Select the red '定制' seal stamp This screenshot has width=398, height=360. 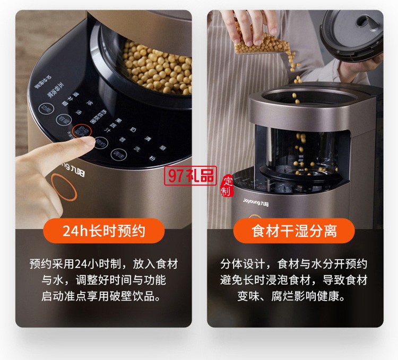(x=227, y=184)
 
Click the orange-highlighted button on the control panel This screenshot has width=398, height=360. (x=81, y=131)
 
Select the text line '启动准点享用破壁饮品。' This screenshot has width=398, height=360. (x=103, y=296)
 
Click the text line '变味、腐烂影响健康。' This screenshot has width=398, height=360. (x=295, y=296)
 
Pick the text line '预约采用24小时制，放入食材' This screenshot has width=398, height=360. (x=103, y=264)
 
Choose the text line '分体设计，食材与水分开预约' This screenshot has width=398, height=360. (x=295, y=264)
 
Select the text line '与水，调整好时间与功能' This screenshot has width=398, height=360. (x=103, y=280)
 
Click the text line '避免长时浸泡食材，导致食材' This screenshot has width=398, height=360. (x=295, y=280)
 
